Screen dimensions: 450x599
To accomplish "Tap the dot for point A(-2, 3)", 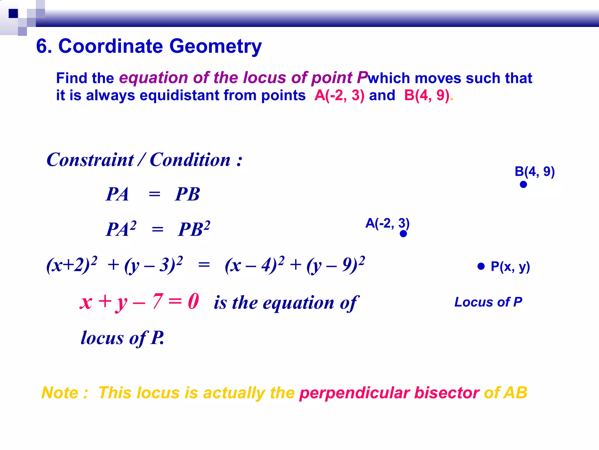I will point(403,234).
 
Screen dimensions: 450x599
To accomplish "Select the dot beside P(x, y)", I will point(481,266).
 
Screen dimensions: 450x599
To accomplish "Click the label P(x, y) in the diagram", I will point(510,267).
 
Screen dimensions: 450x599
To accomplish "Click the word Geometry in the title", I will point(216,46).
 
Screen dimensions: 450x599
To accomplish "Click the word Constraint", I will point(90,160).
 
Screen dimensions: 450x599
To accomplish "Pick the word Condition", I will point(190,160).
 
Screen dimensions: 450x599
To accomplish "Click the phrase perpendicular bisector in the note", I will point(389,393).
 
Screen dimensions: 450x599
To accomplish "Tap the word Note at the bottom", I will point(60,393).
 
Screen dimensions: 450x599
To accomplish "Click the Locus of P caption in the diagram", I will point(488,302).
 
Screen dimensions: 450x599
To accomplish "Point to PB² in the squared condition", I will point(194,229).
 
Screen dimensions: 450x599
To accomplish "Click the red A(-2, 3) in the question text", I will point(339,96).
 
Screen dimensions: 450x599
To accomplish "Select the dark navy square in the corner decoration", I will point(13,13).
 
